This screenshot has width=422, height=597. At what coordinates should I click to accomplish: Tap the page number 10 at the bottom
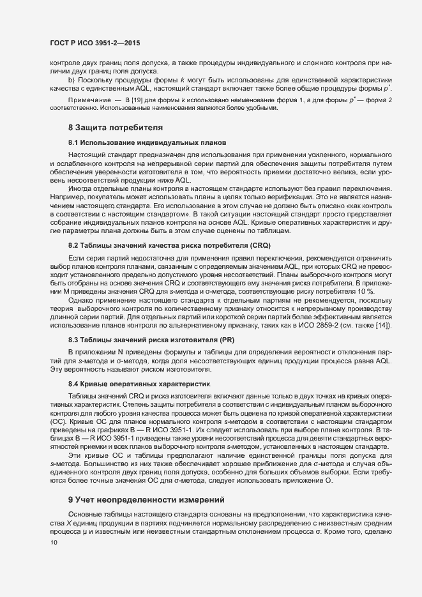[x=45, y=543]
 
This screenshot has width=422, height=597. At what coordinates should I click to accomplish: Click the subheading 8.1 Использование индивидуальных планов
[x=147, y=142]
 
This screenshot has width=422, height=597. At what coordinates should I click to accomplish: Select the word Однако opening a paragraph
[x=82, y=298]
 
